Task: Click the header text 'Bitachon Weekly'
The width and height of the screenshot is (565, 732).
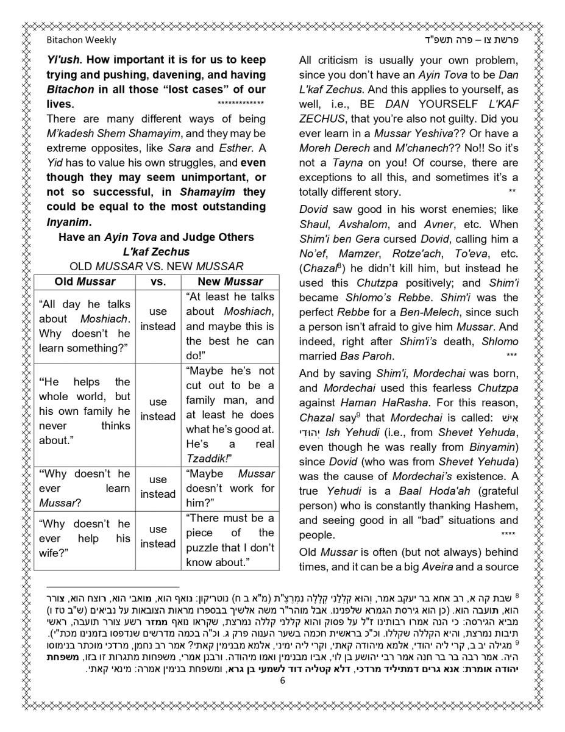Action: (x=81, y=40)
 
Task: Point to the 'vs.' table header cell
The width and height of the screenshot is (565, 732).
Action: (x=158, y=282)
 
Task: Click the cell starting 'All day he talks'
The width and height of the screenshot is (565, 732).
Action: (x=85, y=326)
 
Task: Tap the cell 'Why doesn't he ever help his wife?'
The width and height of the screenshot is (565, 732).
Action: (x=85, y=539)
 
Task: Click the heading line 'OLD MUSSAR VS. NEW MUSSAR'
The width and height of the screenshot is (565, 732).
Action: (x=157, y=267)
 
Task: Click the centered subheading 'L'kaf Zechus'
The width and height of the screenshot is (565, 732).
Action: (x=156, y=252)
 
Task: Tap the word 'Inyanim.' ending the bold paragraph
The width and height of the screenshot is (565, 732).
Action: (x=69, y=221)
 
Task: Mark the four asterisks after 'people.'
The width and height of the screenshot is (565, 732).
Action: (x=508, y=535)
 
